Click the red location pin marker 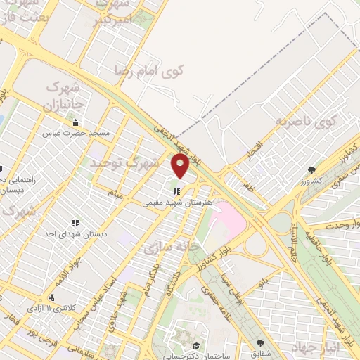pos(180,166)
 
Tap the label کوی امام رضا pos(149,70)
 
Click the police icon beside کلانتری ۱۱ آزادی pos(51,298)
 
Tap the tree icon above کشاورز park pos(311,169)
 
